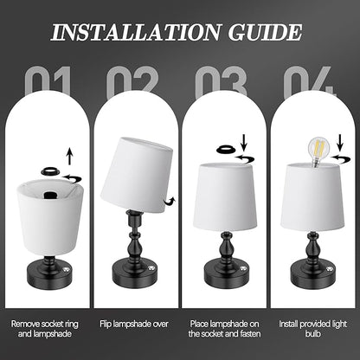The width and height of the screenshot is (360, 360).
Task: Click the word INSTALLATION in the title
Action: click(136, 32)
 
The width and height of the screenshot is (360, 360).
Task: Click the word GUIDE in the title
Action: click(265, 32)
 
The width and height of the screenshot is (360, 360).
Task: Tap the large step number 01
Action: click(48, 81)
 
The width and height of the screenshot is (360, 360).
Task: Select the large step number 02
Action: click(132, 81)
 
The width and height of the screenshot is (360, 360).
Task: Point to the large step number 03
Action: click(221, 81)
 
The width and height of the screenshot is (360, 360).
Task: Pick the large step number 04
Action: click(309, 81)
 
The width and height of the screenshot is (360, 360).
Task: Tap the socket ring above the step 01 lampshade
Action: click(51, 170)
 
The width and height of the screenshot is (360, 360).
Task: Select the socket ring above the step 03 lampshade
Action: click(227, 150)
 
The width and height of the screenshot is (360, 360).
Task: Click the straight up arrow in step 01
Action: click(69, 157)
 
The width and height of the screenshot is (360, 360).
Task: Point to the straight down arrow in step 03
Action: click(244, 143)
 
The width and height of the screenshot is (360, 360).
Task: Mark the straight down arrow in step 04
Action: click(340, 143)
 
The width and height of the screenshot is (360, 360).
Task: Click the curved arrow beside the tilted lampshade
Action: click(170, 201)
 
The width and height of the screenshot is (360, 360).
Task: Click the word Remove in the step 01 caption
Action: click(25, 324)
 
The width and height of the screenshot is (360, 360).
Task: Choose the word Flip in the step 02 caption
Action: click(106, 324)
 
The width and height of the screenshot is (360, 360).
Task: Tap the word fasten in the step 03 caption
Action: click(250, 334)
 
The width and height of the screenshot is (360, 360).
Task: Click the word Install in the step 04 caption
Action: click(288, 324)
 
